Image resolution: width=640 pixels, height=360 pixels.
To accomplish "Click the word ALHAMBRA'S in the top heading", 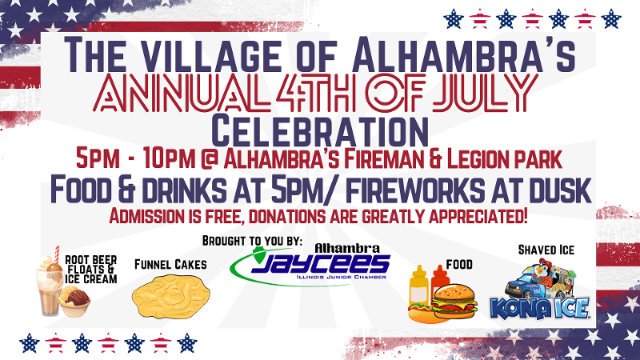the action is coord(464,54).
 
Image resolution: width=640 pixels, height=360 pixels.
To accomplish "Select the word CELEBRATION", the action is coord(320,131).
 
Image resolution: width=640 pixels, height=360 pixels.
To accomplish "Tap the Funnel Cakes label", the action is coord(170,265).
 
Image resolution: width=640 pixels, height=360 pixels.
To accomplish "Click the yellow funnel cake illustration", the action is coord(170,296).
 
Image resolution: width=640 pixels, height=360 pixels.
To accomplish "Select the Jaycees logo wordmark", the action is coord(321,264).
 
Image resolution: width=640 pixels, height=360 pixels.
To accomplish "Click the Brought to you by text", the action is coord(252,241).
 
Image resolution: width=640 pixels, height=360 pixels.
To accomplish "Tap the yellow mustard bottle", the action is coord(418,287).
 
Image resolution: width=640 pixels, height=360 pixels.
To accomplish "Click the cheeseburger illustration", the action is coord(454,302).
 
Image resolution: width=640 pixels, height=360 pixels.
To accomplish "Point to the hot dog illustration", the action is coord(421,314).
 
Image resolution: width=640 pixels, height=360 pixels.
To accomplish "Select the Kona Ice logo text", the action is coord(539,308).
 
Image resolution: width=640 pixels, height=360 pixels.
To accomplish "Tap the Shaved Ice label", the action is coord(546,250).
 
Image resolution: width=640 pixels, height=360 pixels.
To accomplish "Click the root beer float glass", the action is coord(49,286).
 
